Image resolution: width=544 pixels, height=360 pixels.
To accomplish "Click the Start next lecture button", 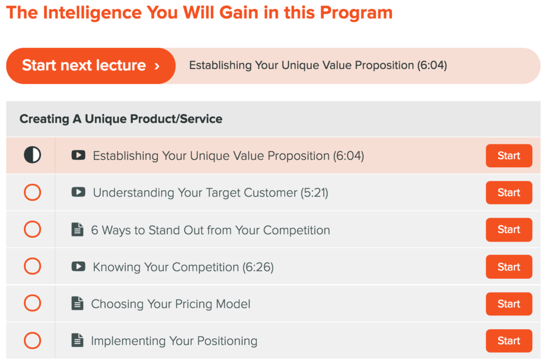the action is (91, 65).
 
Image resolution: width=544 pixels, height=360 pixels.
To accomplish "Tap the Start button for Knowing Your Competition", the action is (508, 267).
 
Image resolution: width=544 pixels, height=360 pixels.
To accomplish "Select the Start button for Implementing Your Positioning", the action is (508, 340).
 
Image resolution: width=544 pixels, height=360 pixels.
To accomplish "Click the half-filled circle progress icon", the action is (32, 155).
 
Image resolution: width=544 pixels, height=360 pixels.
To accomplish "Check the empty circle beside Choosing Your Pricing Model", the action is (32, 303).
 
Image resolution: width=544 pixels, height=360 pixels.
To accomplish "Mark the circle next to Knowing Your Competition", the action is (32, 266).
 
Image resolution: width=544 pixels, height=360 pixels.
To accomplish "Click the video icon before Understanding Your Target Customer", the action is (79, 192).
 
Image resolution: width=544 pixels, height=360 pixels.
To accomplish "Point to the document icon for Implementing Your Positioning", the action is (78, 340).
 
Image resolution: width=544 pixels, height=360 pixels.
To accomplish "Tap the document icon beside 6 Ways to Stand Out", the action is (78, 229).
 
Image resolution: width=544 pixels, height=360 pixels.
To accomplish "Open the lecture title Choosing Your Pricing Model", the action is (171, 304).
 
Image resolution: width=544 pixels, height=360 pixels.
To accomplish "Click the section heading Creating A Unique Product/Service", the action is (121, 119).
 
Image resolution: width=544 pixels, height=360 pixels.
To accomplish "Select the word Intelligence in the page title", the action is (92, 13).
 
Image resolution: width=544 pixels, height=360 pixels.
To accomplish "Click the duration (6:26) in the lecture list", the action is (258, 267).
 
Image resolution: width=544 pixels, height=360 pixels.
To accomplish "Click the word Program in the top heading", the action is (356, 13).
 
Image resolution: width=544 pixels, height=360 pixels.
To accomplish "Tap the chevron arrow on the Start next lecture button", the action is (157, 66).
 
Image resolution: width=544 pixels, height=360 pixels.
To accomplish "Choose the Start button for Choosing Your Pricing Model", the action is (508, 304).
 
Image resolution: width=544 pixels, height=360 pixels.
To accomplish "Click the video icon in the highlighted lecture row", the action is (79, 155).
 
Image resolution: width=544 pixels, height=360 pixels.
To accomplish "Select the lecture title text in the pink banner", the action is (318, 65).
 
